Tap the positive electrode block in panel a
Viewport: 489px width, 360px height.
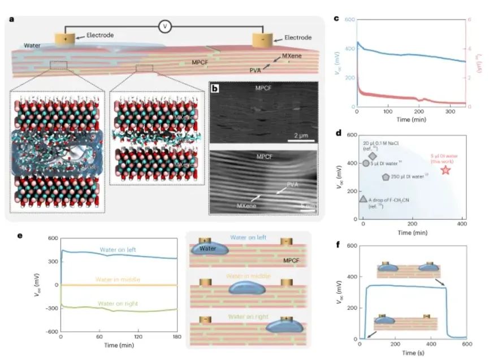[x=64, y=40]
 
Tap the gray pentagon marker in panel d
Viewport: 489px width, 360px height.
[x=386, y=177]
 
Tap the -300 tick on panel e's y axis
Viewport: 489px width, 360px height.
[x=51, y=309]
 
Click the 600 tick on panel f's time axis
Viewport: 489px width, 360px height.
[x=466, y=345]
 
